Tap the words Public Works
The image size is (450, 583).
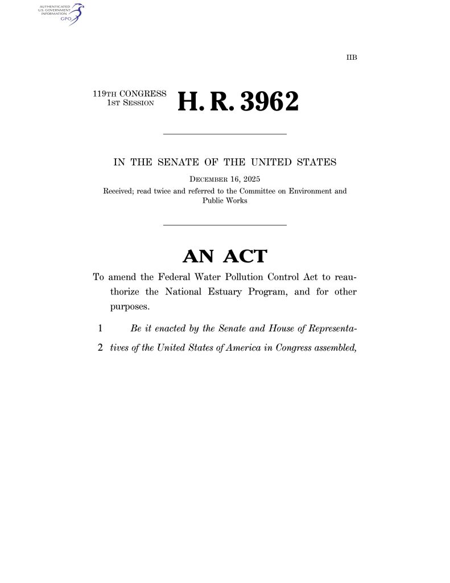[x=225, y=201]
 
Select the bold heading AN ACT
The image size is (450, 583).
[x=224, y=257]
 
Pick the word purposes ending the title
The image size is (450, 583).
[x=127, y=306]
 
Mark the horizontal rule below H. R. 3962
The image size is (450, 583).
[x=225, y=134]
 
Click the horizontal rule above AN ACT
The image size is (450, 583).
[x=225, y=225]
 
